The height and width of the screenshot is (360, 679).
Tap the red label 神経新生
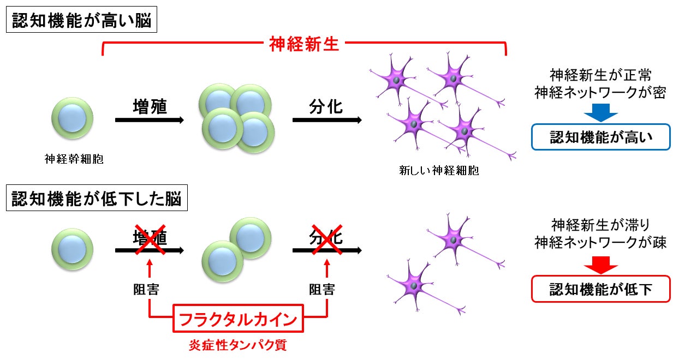(305, 44)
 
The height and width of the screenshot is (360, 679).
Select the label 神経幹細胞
(74, 159)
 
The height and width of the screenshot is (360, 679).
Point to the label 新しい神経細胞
(439, 170)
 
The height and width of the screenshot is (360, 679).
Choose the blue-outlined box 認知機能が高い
(600, 138)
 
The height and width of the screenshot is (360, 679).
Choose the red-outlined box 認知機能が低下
(600, 289)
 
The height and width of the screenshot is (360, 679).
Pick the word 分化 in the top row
(326, 106)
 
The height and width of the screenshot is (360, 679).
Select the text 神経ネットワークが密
(600, 92)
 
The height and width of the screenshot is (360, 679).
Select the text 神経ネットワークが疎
(600, 243)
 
